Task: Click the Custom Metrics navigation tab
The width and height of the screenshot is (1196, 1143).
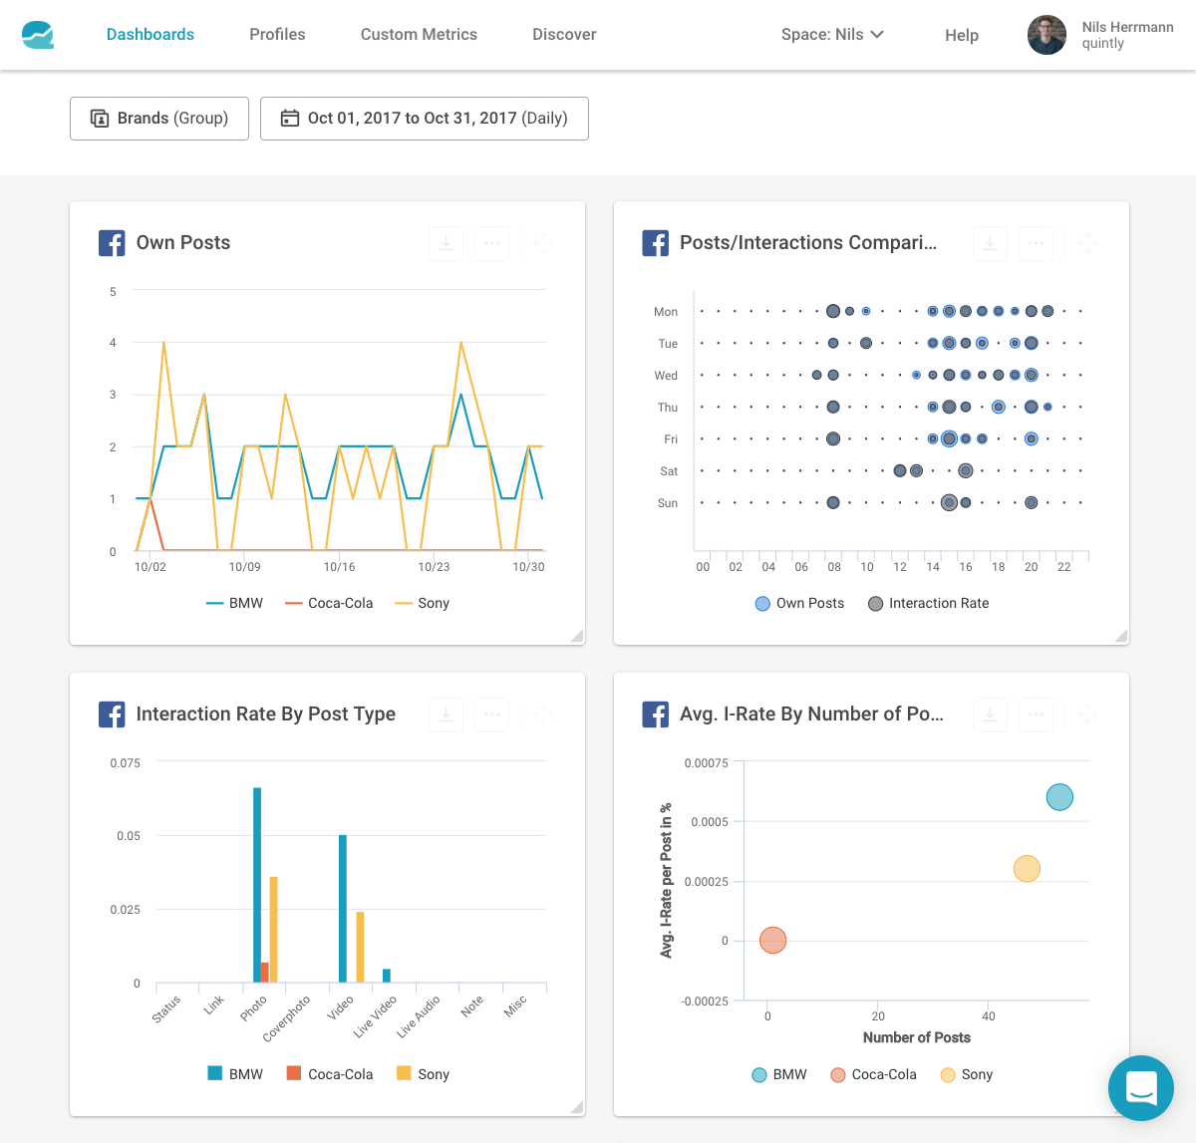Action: point(419,35)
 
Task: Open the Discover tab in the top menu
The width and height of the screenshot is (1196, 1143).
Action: point(564,35)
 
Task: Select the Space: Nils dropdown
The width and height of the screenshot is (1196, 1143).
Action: point(832,35)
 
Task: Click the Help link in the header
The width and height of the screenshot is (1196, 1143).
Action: point(961,35)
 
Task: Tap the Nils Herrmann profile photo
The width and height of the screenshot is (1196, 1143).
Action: point(1046,35)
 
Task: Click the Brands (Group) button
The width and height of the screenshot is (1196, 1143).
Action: point(159,119)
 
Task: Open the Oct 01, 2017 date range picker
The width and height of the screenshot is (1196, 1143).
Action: point(425,119)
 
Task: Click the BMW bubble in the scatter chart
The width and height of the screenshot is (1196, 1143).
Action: point(1059,797)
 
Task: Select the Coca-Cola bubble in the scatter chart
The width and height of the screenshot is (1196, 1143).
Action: point(772,940)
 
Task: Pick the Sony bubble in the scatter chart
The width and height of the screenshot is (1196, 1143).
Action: point(1027,869)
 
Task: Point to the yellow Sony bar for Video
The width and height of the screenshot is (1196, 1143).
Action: point(360,947)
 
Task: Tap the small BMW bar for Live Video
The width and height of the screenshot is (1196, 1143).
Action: point(387,976)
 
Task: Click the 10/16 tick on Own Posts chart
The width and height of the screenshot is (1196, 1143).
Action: point(339,567)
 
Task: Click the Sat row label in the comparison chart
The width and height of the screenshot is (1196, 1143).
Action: point(669,471)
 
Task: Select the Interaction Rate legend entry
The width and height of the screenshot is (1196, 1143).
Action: point(928,604)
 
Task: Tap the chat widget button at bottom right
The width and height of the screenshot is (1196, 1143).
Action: point(1141,1088)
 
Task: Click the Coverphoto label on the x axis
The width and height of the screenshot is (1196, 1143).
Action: point(287,1018)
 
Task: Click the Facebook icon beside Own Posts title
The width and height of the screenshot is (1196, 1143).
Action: point(112,243)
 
